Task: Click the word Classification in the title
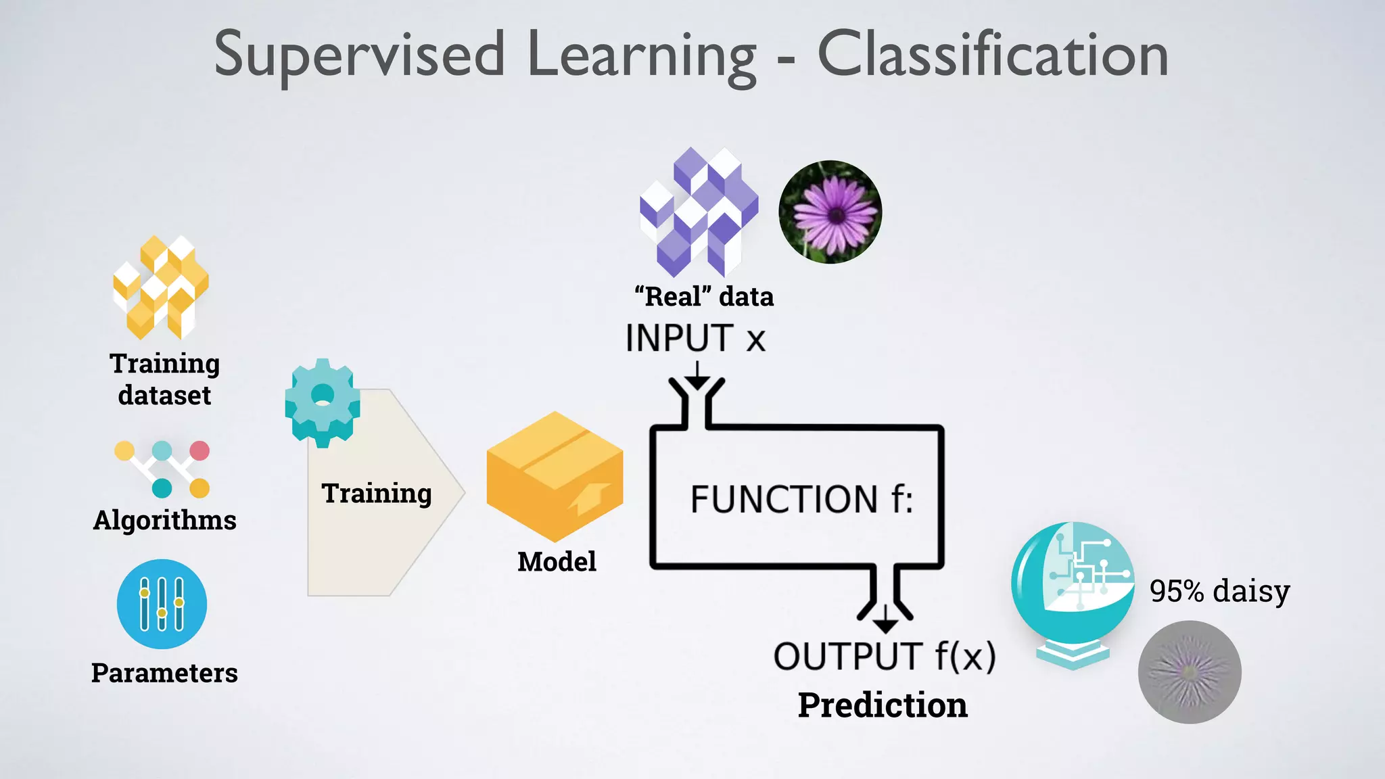[x=993, y=55]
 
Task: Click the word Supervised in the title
[x=359, y=55]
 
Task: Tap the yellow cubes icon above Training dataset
[x=161, y=287]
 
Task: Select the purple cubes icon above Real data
[x=699, y=212]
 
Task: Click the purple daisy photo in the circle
[x=830, y=212]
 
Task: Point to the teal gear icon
[x=323, y=402]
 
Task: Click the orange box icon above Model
[x=555, y=477]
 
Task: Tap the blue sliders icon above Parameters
[x=162, y=604]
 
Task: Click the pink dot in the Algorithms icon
[x=199, y=450]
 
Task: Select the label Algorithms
[x=164, y=521]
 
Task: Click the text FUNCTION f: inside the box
[x=801, y=499]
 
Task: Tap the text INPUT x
[x=695, y=338]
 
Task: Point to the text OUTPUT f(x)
[x=885, y=657]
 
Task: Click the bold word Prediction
[x=883, y=705]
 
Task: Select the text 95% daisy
[x=1219, y=591]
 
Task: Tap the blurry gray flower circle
[x=1190, y=672]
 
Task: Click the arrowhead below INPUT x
[x=697, y=381]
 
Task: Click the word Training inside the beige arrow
[x=376, y=494]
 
